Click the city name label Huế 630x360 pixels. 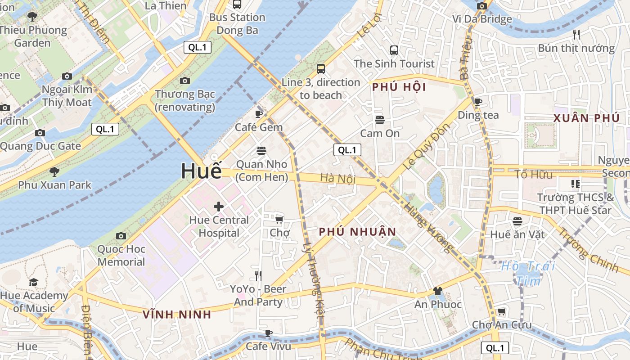tap(201, 171)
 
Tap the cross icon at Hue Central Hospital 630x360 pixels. tap(219, 207)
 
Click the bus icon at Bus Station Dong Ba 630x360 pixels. tap(237, 4)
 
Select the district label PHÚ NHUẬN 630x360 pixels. tap(358, 232)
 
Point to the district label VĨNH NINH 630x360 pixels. tap(177, 315)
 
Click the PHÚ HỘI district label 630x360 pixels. tap(399, 87)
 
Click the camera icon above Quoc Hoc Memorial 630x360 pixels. tap(121, 236)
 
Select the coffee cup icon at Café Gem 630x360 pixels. tap(259, 114)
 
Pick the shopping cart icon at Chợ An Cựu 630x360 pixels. tap(501, 311)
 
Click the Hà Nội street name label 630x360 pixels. tap(338, 178)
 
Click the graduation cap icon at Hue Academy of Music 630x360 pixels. tap(34, 282)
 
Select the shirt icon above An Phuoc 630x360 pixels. tap(437, 291)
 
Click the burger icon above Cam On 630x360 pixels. tap(380, 120)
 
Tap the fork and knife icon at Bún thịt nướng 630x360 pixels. tap(576, 34)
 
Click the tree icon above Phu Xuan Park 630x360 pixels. tap(54, 171)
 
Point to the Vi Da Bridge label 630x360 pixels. tap(482, 19)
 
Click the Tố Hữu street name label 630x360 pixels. tap(533, 174)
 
